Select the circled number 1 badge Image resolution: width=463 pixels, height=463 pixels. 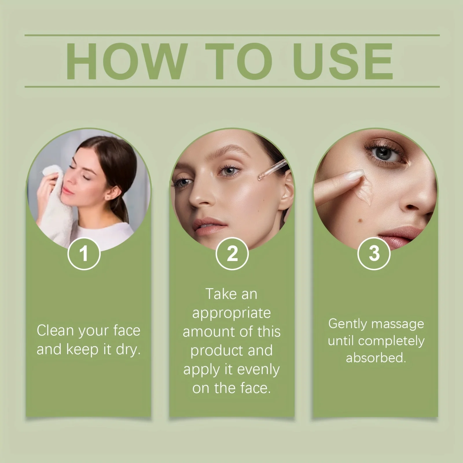84,253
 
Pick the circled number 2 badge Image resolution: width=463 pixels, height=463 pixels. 232,253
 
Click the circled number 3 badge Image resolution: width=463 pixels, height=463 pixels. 374,253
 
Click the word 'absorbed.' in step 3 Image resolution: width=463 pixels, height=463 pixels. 376,358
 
